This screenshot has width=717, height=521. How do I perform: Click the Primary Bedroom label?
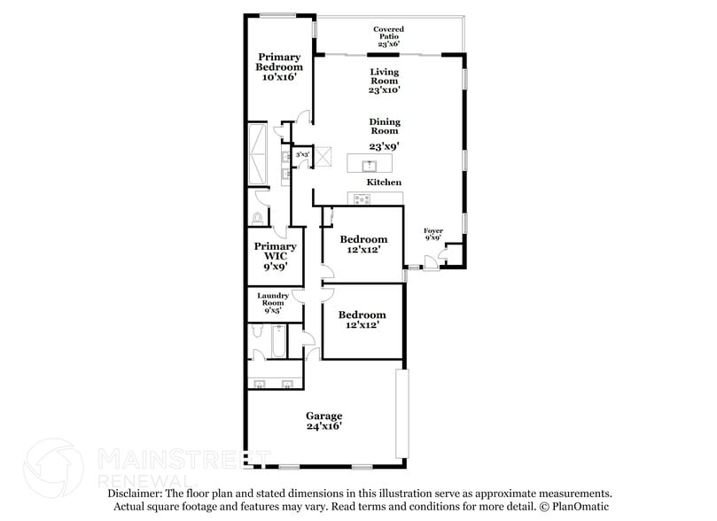click(x=279, y=67)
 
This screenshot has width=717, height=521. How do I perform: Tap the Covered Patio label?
click(x=389, y=36)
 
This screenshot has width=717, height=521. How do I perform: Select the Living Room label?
click(x=385, y=81)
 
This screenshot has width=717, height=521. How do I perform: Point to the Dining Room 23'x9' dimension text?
click(x=385, y=146)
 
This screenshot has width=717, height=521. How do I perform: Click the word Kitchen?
click(x=385, y=183)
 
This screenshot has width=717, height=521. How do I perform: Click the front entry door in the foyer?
click(x=429, y=260)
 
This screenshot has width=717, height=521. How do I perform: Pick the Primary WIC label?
click(x=275, y=255)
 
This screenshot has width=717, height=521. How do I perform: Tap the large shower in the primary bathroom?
click(x=260, y=152)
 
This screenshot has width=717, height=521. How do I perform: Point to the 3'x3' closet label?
click(x=302, y=154)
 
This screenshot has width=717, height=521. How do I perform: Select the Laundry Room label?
click(x=272, y=304)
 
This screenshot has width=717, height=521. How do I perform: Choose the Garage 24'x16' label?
click(x=324, y=421)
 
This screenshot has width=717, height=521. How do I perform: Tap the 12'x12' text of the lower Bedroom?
click(x=363, y=325)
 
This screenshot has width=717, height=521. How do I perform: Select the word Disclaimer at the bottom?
click(x=135, y=494)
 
